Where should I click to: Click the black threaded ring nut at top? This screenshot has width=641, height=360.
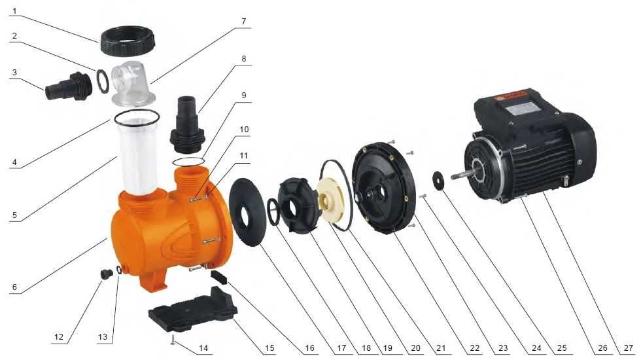coord(127,41)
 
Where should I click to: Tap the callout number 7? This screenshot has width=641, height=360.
coord(244,21)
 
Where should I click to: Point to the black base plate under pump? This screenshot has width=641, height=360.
coord(193,308)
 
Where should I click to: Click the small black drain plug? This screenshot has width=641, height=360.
coord(107,274)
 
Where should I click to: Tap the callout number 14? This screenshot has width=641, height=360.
coord(203,348)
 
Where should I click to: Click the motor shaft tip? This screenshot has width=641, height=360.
coord(453,177)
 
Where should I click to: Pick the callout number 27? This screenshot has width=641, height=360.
coord(629,348)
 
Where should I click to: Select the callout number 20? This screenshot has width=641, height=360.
coord(415,348)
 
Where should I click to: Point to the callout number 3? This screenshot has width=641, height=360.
coord(14,73)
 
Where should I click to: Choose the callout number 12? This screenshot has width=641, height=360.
coord(59,336)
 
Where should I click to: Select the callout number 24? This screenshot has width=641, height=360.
coord(536,348)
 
